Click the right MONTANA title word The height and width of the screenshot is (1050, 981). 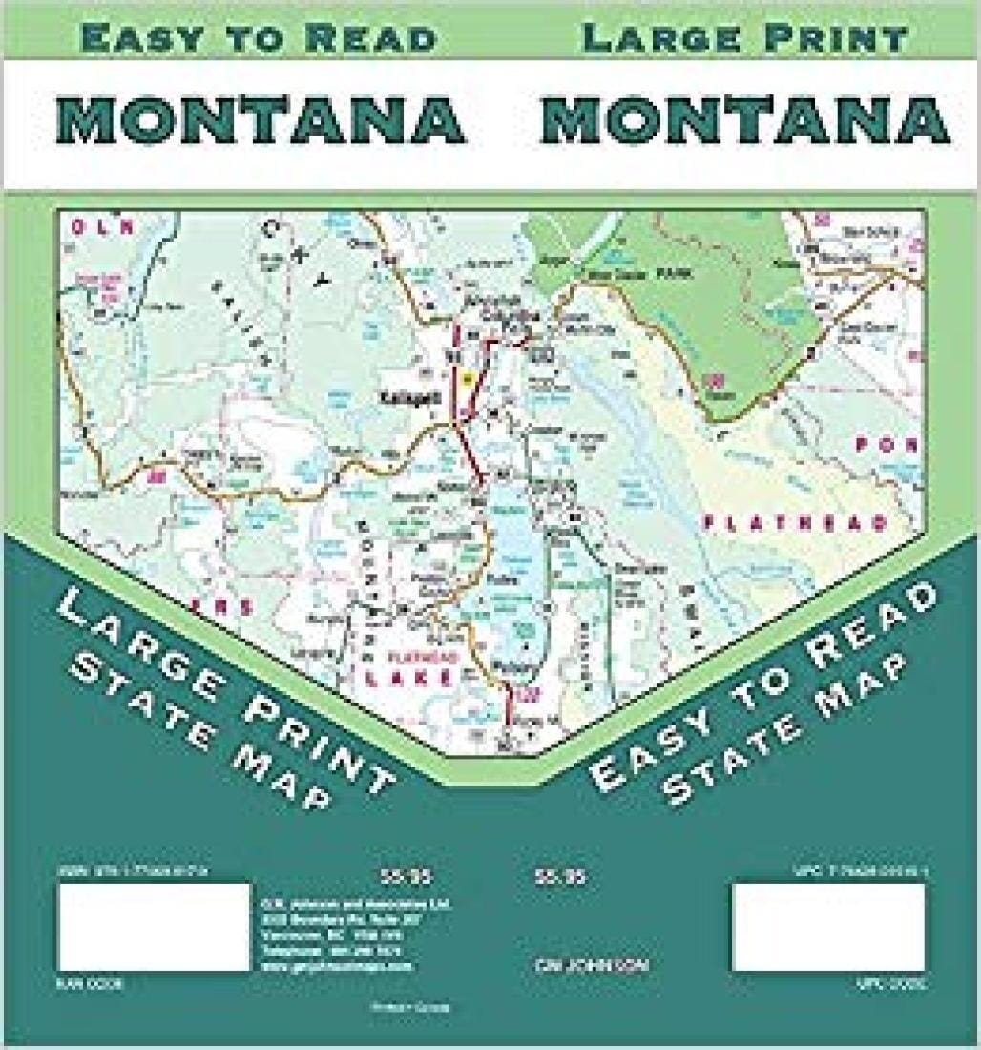(744, 121)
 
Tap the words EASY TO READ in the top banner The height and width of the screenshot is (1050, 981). (259, 38)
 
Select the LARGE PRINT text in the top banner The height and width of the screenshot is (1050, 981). (744, 38)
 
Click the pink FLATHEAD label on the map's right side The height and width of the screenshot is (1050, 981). (795, 522)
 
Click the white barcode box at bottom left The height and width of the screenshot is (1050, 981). (155, 927)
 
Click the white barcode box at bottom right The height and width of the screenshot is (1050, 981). (828, 927)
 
